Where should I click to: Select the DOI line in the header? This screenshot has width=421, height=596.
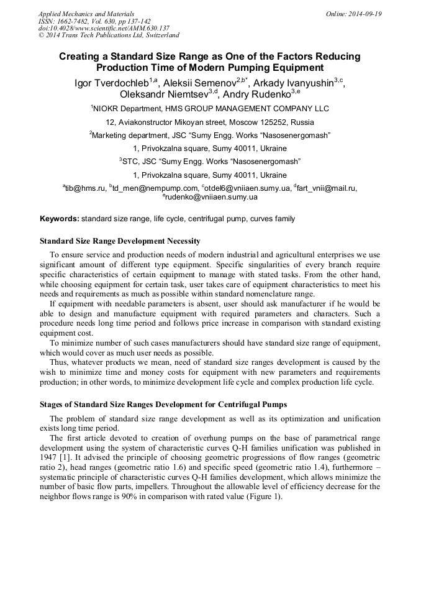[x=104, y=28]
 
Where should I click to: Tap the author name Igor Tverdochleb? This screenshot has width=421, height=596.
[x=110, y=83]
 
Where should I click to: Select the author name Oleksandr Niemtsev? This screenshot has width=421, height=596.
[x=164, y=94]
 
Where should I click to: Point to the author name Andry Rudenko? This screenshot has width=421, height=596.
[x=256, y=94]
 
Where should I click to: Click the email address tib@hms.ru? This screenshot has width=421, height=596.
[x=86, y=188]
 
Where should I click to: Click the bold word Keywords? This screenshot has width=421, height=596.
[x=59, y=219]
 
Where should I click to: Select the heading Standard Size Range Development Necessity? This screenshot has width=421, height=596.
[x=120, y=241]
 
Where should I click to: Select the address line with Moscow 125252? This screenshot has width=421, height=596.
[x=210, y=122]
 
